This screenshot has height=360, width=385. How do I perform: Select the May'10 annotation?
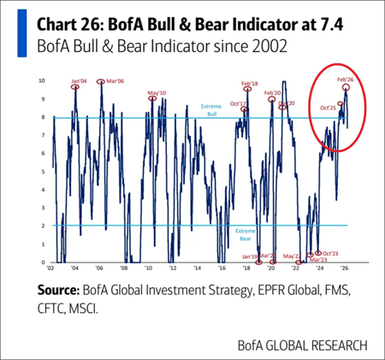[x=157, y=92]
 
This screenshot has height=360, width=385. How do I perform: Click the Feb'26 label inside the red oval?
[x=345, y=80]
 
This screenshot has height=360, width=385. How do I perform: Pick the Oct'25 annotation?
[x=328, y=108]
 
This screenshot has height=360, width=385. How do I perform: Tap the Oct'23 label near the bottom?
[x=327, y=254]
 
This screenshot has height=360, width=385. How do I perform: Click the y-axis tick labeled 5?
[x=44, y=172]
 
